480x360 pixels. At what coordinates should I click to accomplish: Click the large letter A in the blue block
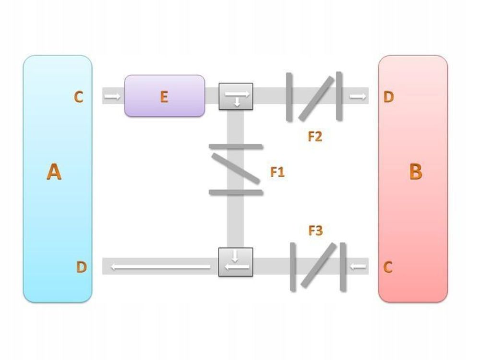click(54, 171)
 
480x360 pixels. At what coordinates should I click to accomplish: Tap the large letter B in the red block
click(415, 171)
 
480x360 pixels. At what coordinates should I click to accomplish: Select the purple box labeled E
click(164, 96)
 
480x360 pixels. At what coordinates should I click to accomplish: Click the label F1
click(277, 172)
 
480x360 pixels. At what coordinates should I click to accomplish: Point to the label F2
click(315, 137)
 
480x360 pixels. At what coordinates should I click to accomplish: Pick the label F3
click(315, 231)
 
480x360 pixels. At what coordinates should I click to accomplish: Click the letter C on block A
click(78, 97)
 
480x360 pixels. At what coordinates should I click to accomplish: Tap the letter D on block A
click(81, 267)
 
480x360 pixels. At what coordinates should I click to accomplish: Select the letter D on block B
click(388, 97)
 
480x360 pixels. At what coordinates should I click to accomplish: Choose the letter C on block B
click(388, 267)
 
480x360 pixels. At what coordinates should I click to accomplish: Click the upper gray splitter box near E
click(236, 96)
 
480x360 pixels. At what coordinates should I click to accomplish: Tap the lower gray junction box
click(236, 262)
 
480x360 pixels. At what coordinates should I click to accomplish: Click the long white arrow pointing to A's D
click(161, 267)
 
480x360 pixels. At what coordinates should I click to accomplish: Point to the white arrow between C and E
click(113, 96)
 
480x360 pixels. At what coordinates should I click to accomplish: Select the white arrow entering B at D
click(358, 96)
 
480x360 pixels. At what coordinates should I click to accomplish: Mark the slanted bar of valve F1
click(236, 168)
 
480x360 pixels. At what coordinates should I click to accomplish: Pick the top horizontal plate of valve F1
click(236, 146)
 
